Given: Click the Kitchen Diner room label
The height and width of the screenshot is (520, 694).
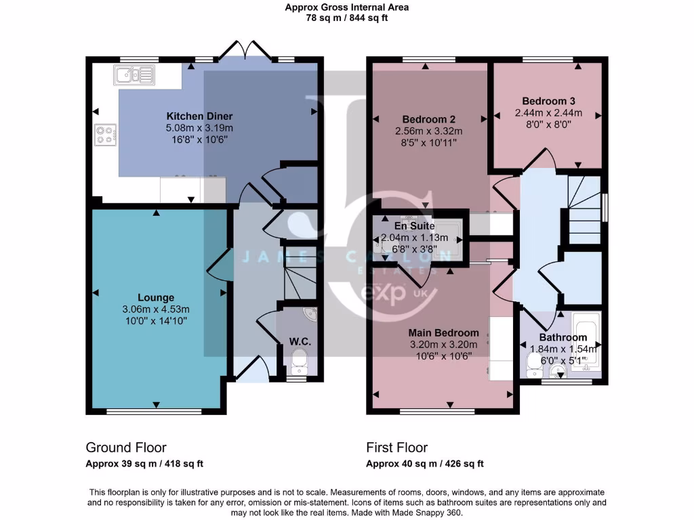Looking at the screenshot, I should pyautogui.click(x=199, y=116).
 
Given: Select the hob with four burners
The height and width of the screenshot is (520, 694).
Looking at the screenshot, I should pyautogui.click(x=105, y=135).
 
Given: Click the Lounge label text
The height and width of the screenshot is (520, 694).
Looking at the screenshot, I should pyautogui.click(x=156, y=297).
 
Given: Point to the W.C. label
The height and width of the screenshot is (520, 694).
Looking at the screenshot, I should pyautogui.click(x=300, y=342).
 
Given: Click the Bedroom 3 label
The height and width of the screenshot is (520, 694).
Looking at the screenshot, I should pyautogui.click(x=547, y=100).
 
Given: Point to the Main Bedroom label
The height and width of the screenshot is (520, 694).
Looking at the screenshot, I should pyautogui.click(x=443, y=332).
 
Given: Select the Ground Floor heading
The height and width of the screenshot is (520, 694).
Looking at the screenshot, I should pyautogui.click(x=125, y=448).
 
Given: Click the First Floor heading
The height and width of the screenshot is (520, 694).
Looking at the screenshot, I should pyautogui.click(x=396, y=448).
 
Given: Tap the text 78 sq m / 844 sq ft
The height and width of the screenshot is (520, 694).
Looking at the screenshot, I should pyautogui.click(x=346, y=18).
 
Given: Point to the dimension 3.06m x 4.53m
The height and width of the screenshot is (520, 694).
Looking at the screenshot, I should pyautogui.click(x=156, y=309).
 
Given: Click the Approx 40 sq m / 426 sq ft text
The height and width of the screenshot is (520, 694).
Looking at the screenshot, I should pyautogui.click(x=425, y=464).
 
